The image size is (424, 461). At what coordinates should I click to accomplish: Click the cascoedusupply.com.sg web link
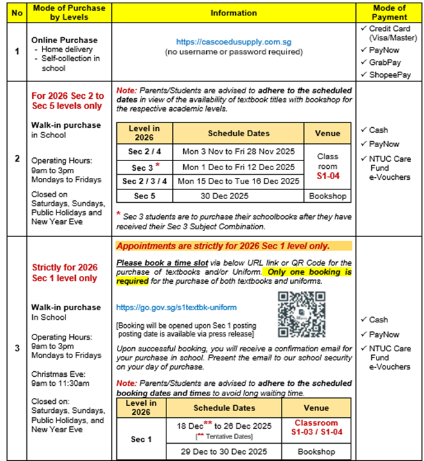(x=233, y=41)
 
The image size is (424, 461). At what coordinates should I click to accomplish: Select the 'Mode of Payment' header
(x=389, y=12)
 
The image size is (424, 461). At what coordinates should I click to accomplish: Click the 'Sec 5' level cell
(x=144, y=195)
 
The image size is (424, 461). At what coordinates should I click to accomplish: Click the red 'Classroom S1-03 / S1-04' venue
(x=315, y=428)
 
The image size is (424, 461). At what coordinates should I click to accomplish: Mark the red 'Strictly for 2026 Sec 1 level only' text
(x=64, y=273)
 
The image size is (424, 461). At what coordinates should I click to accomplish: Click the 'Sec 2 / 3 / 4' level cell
(x=144, y=181)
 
